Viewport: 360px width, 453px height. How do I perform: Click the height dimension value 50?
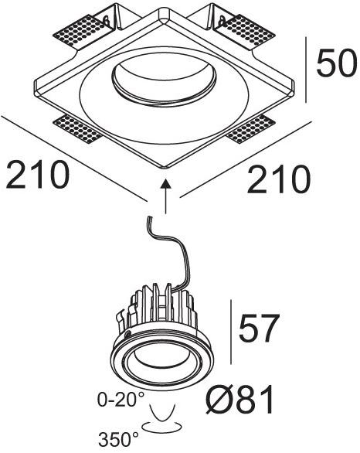pos(337,63)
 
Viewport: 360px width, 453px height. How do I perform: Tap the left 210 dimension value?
pos(38,175)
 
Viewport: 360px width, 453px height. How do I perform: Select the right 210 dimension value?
pos(279,179)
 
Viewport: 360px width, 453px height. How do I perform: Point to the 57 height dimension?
pos(260,328)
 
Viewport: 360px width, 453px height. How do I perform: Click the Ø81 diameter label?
pos(240,400)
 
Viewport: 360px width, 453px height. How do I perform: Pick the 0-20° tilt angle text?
pos(121,399)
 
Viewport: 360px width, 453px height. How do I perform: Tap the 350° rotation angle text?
pos(119,439)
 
